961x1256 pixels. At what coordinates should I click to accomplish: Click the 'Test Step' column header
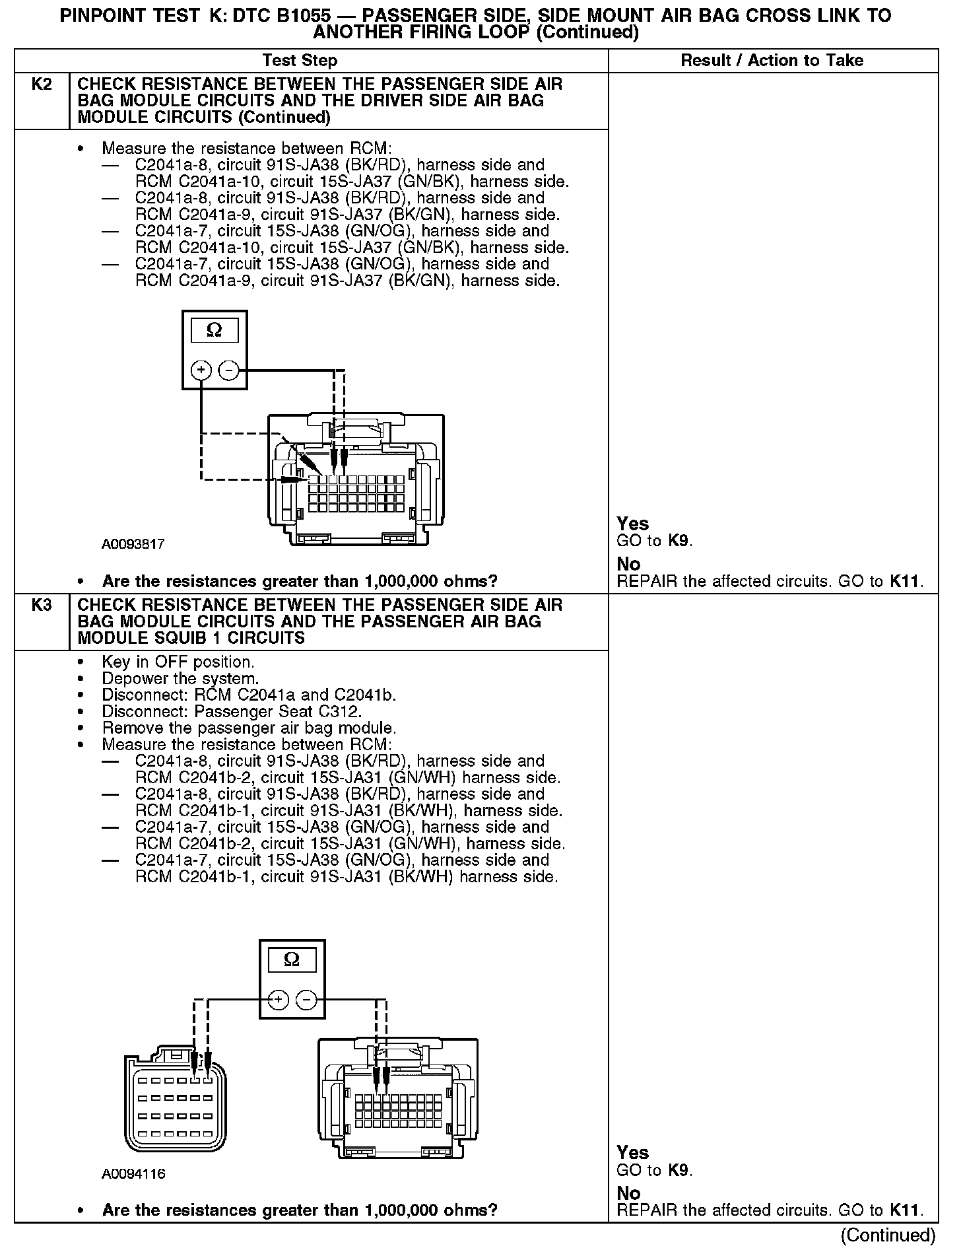point(300,61)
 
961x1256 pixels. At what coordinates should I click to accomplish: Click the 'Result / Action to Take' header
point(772,61)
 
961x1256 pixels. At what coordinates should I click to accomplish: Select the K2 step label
point(42,85)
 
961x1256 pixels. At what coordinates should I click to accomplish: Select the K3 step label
point(42,605)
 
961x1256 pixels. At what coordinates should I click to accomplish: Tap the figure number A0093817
point(133,545)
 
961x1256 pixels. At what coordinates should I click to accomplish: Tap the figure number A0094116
point(133,1174)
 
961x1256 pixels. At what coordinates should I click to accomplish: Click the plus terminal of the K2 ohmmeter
point(201,370)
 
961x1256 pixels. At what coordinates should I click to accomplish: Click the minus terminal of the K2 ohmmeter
point(229,370)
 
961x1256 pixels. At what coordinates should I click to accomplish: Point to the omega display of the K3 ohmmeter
point(291,959)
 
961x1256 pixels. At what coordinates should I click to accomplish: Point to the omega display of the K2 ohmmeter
point(215,330)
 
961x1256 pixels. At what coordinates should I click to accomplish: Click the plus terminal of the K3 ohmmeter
point(278,1000)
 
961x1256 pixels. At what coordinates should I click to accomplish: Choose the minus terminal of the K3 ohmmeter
point(306,1000)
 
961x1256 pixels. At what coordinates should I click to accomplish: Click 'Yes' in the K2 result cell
point(633,524)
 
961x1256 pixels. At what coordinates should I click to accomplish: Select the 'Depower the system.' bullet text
point(180,679)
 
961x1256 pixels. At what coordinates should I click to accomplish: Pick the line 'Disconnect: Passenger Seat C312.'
point(232,712)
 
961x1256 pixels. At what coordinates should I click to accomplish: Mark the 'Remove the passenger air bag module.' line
point(249,728)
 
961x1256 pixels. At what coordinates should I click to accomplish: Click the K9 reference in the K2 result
point(679,541)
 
